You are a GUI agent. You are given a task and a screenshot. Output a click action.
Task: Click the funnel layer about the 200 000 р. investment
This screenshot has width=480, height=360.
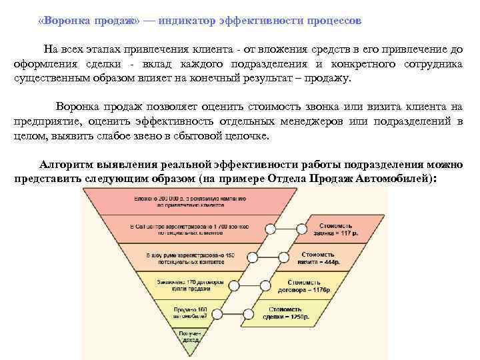click(x=185, y=202)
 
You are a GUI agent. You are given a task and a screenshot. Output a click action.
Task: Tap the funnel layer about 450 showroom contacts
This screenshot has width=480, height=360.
click(x=185, y=257)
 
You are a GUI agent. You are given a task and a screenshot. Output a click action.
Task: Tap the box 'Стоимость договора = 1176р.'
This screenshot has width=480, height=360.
click(x=308, y=286)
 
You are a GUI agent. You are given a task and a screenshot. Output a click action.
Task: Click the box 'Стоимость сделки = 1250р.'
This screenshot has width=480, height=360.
click(x=291, y=313)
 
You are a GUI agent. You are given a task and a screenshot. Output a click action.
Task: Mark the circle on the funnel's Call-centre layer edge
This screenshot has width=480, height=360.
click(x=270, y=229)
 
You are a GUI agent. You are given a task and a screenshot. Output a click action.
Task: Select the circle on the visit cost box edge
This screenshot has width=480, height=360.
click(x=285, y=257)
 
